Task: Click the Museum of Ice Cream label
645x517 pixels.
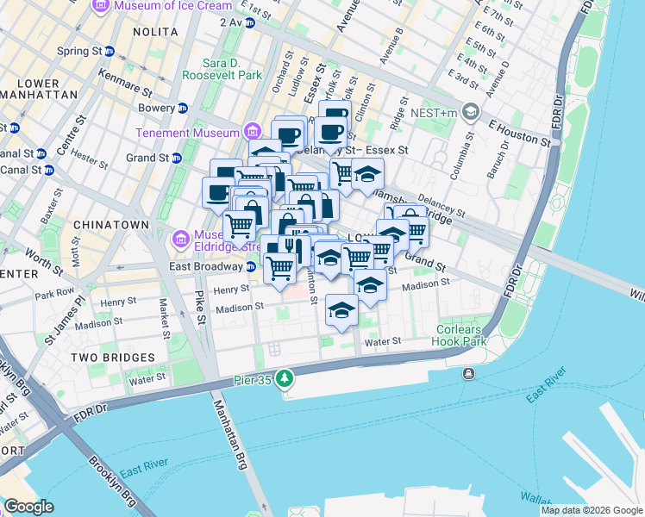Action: (166, 6)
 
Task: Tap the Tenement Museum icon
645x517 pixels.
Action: (252, 132)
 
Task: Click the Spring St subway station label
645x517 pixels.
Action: (79, 52)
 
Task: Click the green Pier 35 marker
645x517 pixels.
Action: (285, 378)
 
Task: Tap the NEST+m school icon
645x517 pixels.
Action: (471, 111)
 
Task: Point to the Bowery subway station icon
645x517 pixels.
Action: (182, 109)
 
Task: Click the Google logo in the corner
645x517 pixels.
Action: (28, 506)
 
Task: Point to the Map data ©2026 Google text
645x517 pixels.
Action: (592, 510)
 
